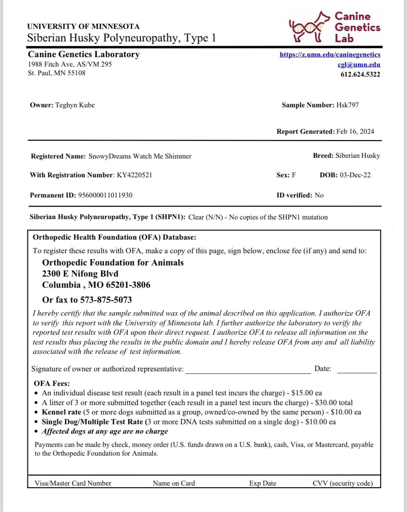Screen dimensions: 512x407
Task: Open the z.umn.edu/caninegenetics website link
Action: (x=330, y=55)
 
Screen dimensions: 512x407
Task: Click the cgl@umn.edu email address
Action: (x=359, y=64)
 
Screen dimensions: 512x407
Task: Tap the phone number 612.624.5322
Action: (x=360, y=74)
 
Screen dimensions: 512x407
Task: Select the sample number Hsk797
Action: (x=347, y=105)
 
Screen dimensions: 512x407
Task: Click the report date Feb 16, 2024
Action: (x=355, y=132)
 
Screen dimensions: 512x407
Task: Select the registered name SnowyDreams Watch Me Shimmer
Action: (x=140, y=156)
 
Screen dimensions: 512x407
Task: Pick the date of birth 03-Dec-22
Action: (x=355, y=175)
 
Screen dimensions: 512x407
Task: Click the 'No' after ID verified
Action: (x=319, y=195)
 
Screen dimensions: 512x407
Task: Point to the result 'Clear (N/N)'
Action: (x=206, y=217)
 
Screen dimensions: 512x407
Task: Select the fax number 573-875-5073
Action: (x=106, y=300)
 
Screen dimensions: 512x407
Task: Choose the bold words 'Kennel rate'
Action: (x=62, y=412)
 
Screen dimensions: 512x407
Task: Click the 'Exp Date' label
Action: (x=263, y=483)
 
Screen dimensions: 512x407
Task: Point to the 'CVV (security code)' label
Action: (x=343, y=483)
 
